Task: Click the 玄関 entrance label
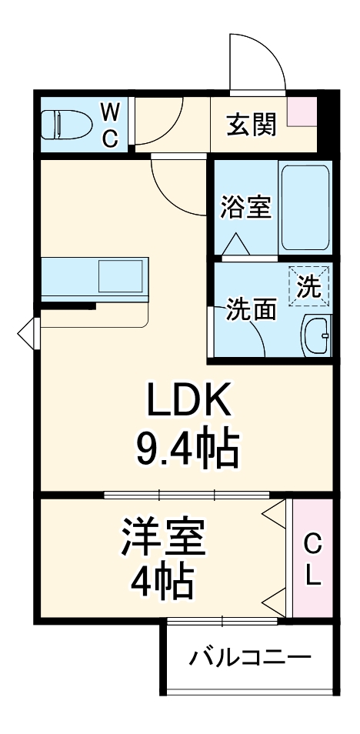tap(251, 124)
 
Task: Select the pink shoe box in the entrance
tap(302, 112)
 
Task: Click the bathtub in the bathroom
tap(305, 205)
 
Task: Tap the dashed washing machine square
tap(309, 286)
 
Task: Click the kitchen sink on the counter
tap(120, 275)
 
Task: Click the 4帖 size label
tap(163, 582)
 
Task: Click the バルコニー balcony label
tap(251, 658)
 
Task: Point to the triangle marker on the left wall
tap(28, 333)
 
